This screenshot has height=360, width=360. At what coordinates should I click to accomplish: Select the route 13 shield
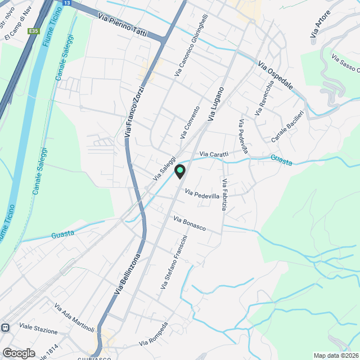pyautogui.click(x=67, y=3)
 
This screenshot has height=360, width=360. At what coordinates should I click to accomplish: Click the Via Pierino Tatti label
pyautogui.click(x=122, y=25)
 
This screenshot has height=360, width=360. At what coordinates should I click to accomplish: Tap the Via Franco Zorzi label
pyautogui.click(x=135, y=111)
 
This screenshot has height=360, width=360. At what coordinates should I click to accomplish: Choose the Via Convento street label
pyautogui.click(x=190, y=123)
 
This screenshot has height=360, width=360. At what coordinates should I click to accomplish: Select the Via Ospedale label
pyautogui.click(x=276, y=76)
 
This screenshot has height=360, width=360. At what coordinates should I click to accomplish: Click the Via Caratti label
pyautogui.click(x=214, y=154)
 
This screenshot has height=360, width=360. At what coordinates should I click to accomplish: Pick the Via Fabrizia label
pyautogui.click(x=224, y=195)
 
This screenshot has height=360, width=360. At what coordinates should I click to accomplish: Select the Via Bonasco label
pyautogui.click(x=190, y=224)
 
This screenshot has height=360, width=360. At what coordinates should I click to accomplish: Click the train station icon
pyautogui.click(x=5, y=327)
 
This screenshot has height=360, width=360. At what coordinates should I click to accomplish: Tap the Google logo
pyautogui.click(x=19, y=353)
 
